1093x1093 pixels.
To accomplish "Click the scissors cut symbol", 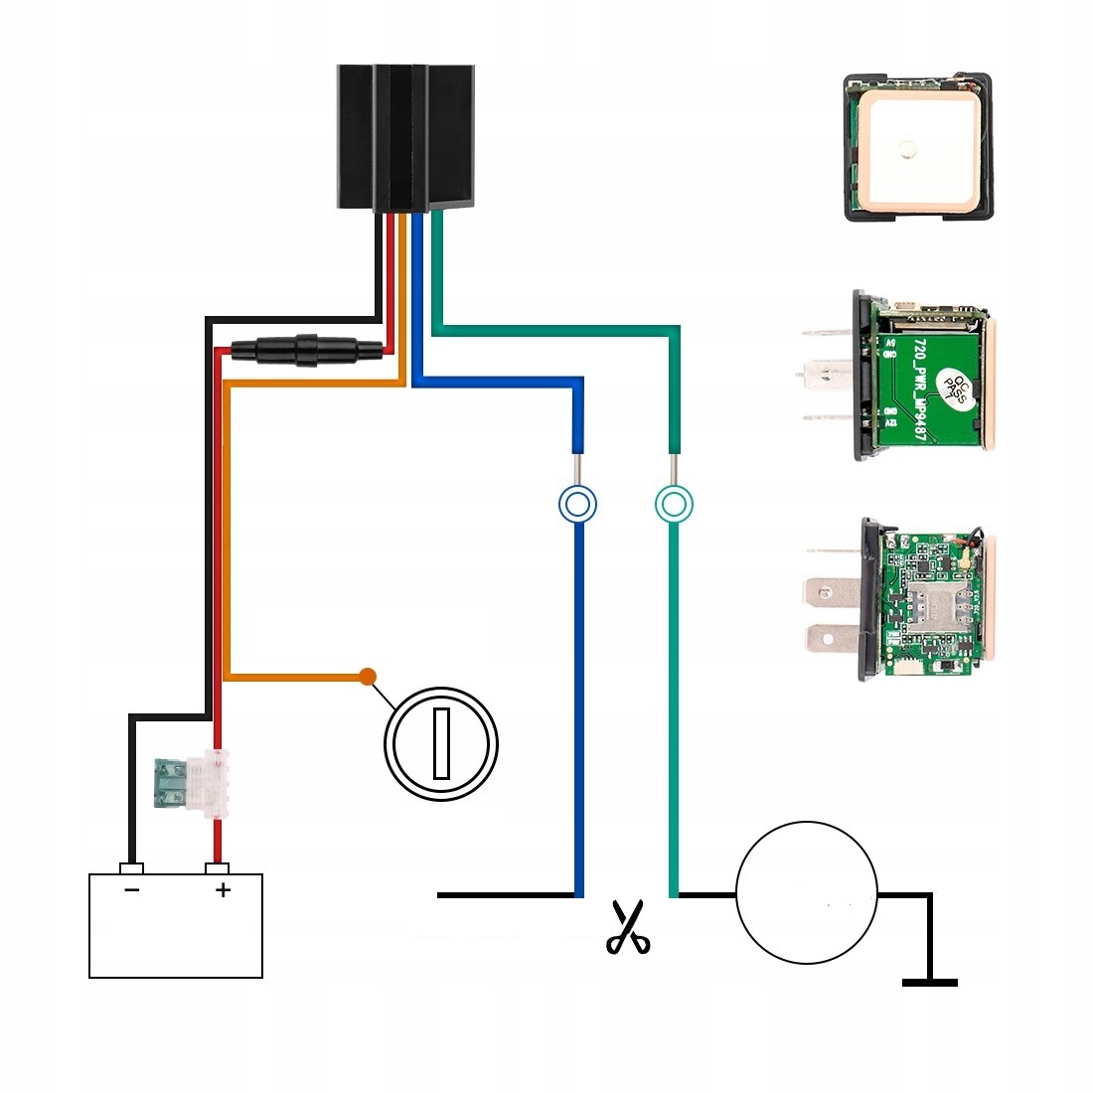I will (627, 927).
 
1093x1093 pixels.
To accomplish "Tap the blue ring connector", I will (577, 504).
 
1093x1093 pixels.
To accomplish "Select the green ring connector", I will (674, 504).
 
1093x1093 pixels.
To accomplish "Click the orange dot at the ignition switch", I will (368, 677).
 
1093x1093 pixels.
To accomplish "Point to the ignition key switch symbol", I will (441, 742).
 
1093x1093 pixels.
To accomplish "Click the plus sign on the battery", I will (223, 889).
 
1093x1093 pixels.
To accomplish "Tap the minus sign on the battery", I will (131, 889).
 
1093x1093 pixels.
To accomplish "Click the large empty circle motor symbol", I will (806, 892).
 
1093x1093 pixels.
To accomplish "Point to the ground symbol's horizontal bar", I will (930, 983).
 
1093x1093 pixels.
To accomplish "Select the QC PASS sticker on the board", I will (954, 389).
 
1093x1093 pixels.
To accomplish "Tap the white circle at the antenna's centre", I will (906, 150).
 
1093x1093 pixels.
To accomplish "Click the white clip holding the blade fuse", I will (211, 783).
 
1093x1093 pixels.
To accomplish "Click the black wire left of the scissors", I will (506, 895).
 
